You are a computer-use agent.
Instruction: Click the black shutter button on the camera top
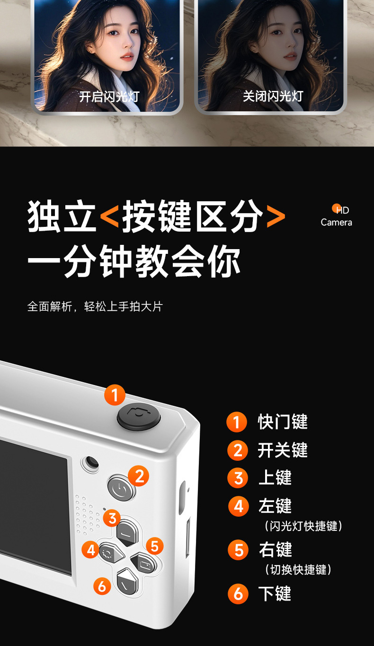pyautogui.click(x=139, y=416)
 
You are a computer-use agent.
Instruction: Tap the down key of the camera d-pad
pyautogui.click(x=127, y=581)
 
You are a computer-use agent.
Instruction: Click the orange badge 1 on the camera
pyautogui.click(x=115, y=395)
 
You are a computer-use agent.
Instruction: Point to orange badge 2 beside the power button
pyautogui.click(x=138, y=476)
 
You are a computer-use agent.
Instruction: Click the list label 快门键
pyautogui.click(x=283, y=422)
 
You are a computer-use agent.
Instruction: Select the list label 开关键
pyautogui.click(x=283, y=450)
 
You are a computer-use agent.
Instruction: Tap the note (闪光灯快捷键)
pyautogui.click(x=303, y=526)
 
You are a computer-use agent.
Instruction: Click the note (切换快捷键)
pyautogui.click(x=298, y=569)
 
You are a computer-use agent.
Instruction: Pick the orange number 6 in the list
pyautogui.click(x=238, y=593)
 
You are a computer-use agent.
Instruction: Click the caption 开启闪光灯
pyautogui.click(x=109, y=96)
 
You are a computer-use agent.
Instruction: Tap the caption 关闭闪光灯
pyautogui.click(x=273, y=96)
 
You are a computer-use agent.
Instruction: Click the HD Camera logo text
pyautogui.click(x=336, y=216)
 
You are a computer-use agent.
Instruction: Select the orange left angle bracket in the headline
pyautogui.click(x=109, y=216)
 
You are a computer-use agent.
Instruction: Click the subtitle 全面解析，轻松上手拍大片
pyautogui.click(x=95, y=306)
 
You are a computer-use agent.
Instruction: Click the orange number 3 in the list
pyautogui.click(x=238, y=478)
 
